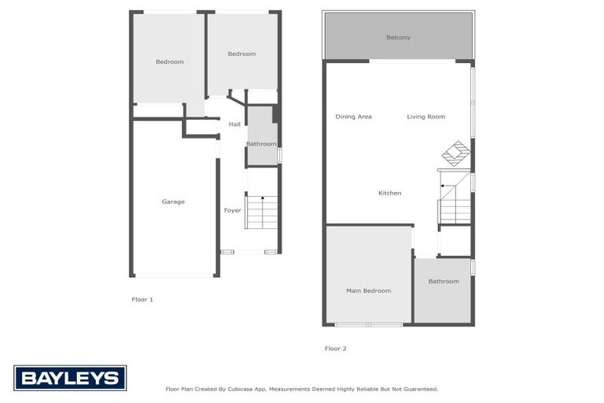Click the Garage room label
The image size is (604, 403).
coord(173,202)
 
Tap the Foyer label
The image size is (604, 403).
coord(233,210)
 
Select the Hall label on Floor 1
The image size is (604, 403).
coord(234,124)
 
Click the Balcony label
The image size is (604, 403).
coord(398,38)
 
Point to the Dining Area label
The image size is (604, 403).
coord(353,117)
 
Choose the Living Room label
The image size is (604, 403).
coord(425,117)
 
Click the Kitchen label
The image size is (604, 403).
coord(389,193)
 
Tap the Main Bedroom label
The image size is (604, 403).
coord(368,291)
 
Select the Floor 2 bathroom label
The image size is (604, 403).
coord(444,282)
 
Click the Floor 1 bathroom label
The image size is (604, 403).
coord(261,144)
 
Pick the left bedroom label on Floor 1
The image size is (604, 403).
coord(169,62)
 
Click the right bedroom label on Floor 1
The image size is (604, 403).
coord(241,54)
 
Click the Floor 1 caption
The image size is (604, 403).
coord(142,300)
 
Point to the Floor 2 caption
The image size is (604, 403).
coord(335,349)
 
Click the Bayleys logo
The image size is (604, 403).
coord(70,379)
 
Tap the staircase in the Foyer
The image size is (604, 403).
coord(262,212)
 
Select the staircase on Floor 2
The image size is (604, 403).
coord(455,202)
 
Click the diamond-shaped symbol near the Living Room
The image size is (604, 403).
coord(455,151)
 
